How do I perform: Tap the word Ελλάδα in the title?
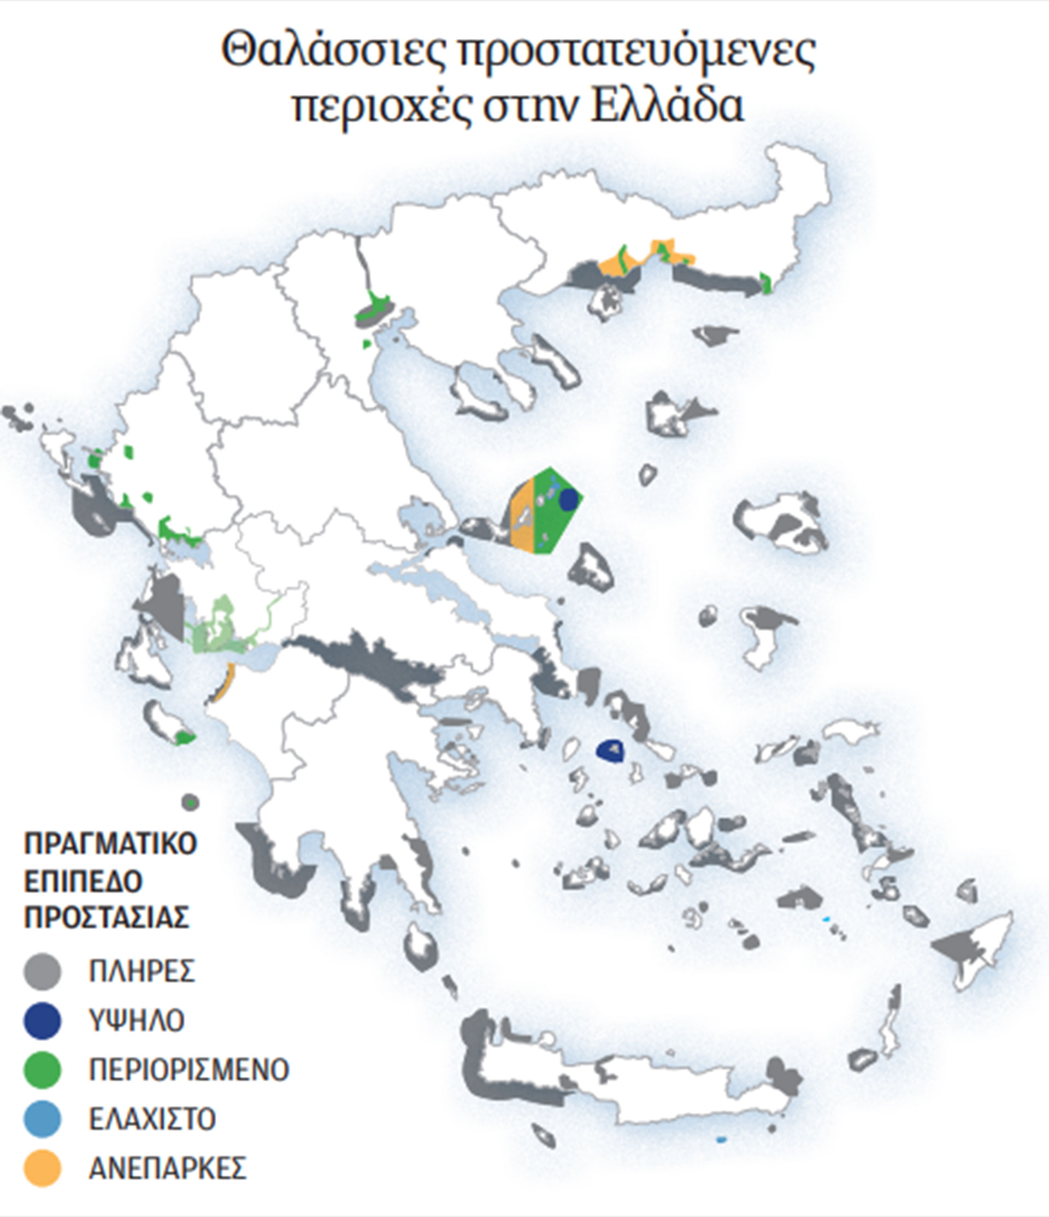point(667,106)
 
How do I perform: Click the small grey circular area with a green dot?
point(190,802)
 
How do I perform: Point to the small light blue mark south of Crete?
point(721,1139)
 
